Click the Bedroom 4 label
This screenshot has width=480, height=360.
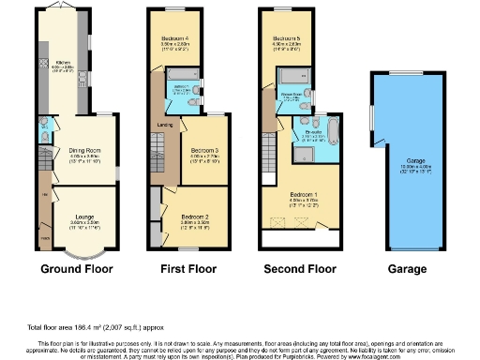tap(175, 38)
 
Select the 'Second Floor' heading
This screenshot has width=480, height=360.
tap(297, 268)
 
